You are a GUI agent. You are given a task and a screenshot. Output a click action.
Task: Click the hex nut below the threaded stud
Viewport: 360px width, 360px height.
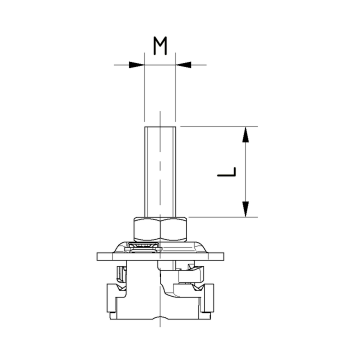(x=160, y=229)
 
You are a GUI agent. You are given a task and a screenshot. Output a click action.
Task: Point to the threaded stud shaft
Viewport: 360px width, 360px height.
(x=160, y=170)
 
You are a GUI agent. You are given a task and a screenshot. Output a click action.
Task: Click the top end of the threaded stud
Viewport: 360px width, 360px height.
(x=160, y=127)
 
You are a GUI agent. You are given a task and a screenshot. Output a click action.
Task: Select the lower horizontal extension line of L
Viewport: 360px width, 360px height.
(x=220, y=217)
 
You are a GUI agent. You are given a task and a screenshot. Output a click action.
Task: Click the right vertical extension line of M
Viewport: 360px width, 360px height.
(x=177, y=95)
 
